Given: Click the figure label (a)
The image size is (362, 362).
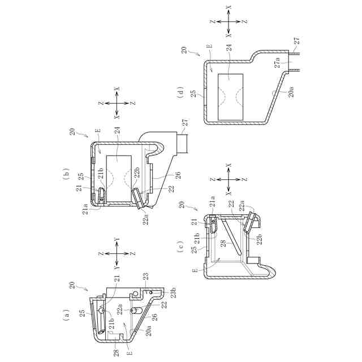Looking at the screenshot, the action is pyautogui.click(x=66, y=315).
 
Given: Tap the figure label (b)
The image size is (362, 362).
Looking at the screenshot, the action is pyautogui.click(x=66, y=172).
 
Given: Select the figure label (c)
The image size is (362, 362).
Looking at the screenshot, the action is pyautogui.click(x=181, y=247).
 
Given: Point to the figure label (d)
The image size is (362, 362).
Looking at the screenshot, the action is pyautogui.click(x=181, y=92).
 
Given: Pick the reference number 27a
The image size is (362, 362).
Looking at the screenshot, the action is pyautogui.click(x=278, y=63).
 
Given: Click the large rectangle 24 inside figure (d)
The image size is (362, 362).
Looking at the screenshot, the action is pyautogui.click(x=230, y=97).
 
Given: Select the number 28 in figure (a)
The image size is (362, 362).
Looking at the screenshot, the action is pyautogui.click(x=117, y=353).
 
